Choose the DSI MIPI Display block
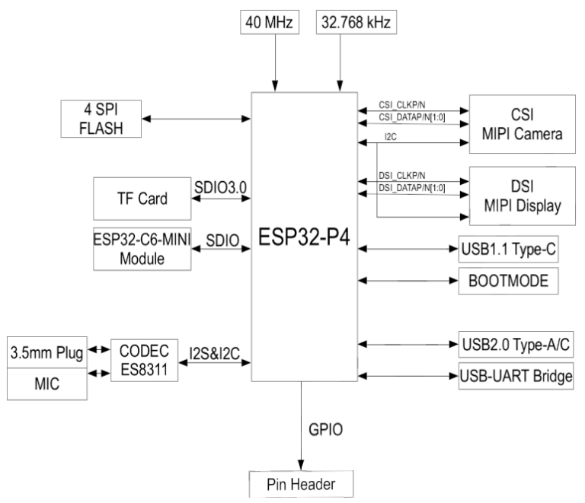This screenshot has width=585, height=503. (x=521, y=194)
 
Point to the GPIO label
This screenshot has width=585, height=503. (x=325, y=428)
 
